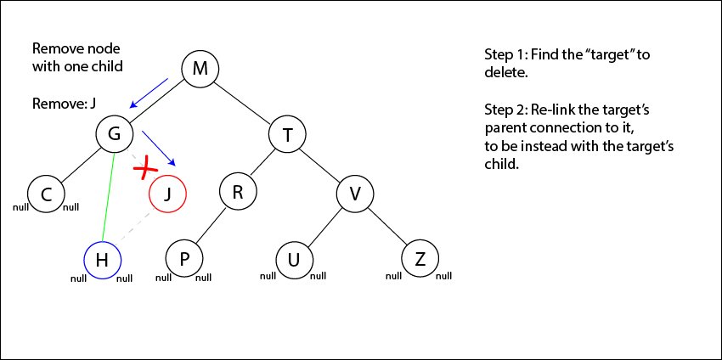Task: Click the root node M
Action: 200,68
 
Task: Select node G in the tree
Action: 114,133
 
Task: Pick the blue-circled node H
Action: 102,260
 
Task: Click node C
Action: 46,194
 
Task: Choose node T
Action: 287,133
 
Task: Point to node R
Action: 238,193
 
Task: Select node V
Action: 355,194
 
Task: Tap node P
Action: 184,258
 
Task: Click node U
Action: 294,259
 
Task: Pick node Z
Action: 419,258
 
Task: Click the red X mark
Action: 146,167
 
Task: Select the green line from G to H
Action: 109,195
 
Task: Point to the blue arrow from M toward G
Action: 149,93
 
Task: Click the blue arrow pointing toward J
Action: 160,149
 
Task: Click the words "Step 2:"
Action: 505,111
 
